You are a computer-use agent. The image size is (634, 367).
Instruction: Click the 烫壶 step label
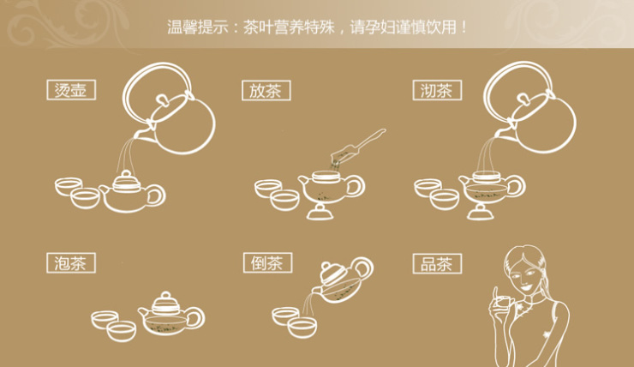70,90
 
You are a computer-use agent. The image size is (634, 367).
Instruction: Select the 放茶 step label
266,90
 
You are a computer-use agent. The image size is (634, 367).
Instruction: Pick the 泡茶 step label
70,263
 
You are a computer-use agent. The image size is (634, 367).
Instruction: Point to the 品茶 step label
436,263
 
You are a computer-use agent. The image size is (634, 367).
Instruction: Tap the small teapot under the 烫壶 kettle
129,193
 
